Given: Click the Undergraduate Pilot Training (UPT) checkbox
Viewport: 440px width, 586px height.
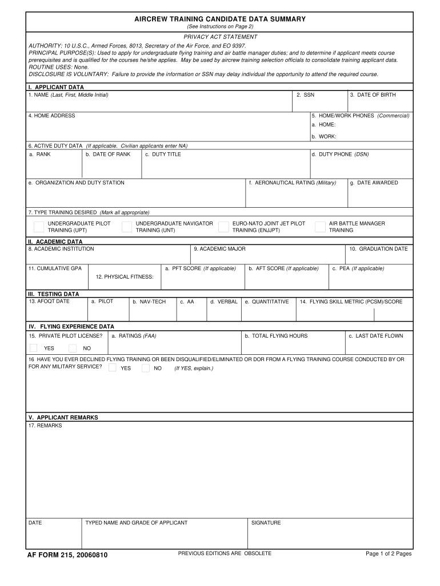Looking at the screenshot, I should pos(39,227).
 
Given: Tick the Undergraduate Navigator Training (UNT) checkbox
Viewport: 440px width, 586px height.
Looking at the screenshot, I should pos(127,227).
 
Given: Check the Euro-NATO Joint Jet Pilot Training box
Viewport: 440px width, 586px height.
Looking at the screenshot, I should pos(223,227).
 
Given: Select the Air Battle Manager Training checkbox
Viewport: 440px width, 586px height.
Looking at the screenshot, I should pos(320,227).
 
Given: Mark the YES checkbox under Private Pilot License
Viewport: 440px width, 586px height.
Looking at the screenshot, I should pos(34,348).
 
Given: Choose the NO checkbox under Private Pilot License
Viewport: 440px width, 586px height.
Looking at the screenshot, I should pos(73,348).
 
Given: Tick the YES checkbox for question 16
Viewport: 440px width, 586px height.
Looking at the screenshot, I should pos(113,367).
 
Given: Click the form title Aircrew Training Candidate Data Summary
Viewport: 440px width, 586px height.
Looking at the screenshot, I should pos(220,19).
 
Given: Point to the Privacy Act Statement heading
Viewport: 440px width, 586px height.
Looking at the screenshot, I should pos(220,37).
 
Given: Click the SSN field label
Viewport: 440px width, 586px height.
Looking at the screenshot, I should pos(306,95).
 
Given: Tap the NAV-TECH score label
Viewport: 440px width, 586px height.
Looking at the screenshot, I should pos(149,302).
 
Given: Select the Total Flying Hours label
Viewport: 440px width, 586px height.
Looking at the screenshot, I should pos(276,336).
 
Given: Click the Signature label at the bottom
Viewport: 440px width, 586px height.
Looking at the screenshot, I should pos(266,522).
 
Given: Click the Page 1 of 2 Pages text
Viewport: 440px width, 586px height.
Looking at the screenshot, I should pos(389,553).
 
